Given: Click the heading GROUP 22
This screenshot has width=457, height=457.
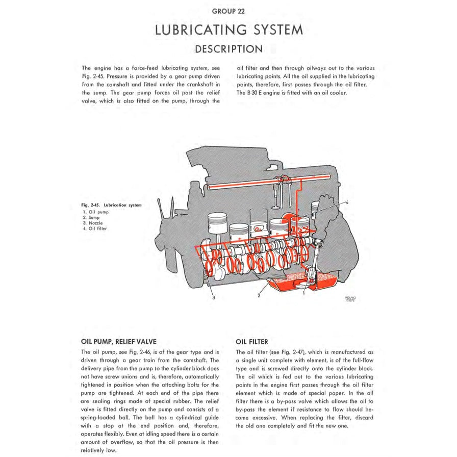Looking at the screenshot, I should (229, 11).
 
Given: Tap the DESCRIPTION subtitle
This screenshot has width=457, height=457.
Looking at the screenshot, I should (229, 49).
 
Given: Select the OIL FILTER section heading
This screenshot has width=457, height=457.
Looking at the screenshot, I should (252, 342).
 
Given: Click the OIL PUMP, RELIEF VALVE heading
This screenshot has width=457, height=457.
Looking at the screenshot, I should (119, 342).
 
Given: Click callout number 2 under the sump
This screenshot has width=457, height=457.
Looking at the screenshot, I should (259, 296).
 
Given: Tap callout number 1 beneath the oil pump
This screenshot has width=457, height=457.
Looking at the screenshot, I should (304, 293).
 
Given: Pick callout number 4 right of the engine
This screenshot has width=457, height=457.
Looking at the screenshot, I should (347, 202).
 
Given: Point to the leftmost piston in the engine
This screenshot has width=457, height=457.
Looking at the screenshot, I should (217, 224).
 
